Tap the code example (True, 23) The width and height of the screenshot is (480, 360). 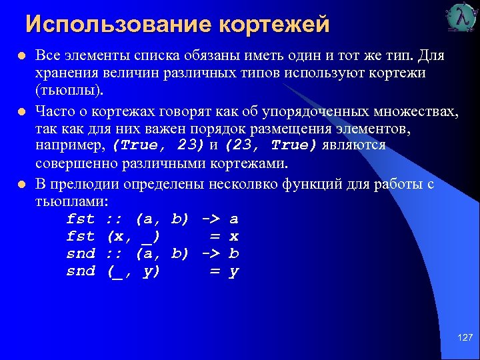coord(158,145)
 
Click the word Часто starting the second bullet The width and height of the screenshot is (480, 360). coord(54,110)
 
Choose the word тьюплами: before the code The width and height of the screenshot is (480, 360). coord(71,200)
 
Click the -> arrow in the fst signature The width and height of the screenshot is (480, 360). coord(211,219)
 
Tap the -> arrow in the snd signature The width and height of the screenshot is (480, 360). coord(211,254)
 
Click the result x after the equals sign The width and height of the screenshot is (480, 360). coord(233,237)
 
